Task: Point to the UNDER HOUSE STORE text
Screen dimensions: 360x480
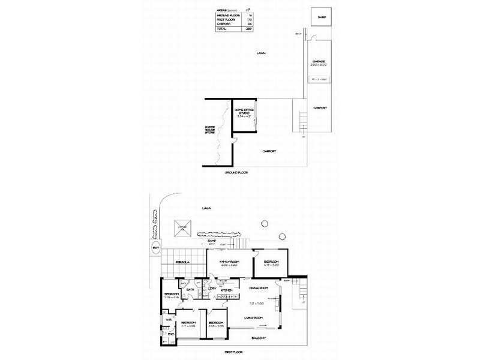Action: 210,130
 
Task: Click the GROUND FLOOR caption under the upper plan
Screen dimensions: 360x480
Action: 236,172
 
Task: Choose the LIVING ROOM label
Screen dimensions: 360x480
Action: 255,317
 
